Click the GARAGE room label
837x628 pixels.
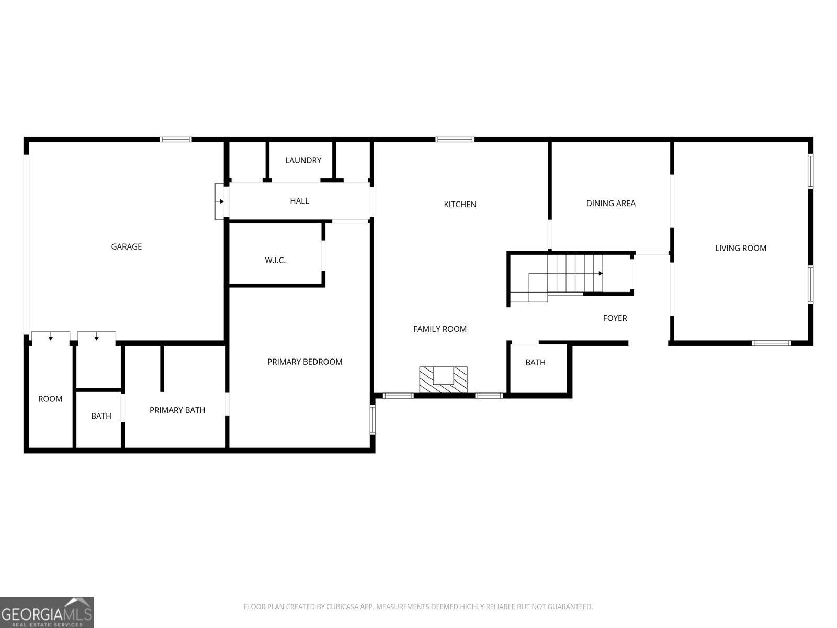click(126, 246)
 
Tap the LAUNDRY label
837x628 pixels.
click(303, 160)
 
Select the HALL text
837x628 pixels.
click(299, 201)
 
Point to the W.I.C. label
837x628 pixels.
click(275, 261)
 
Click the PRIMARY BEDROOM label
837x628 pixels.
click(304, 362)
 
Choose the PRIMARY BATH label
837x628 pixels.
click(177, 410)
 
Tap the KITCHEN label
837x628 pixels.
click(460, 205)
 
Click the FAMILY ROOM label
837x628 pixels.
click(439, 329)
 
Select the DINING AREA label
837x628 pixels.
click(611, 204)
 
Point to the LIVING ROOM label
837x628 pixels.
click(741, 248)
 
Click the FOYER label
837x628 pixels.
click(615, 318)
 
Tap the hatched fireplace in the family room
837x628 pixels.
click(443, 379)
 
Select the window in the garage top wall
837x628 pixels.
click(175, 140)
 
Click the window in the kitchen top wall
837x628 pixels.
click(455, 140)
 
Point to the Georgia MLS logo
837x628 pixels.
click(47, 612)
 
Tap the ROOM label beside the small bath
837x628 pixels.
click(50, 399)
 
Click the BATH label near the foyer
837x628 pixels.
click(535, 363)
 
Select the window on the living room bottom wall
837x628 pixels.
click(771, 343)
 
